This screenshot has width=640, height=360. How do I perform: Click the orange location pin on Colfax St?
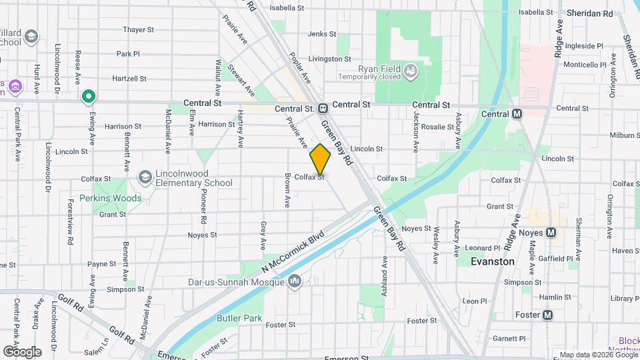click(320, 159)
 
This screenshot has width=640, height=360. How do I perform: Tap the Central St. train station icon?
click(322, 108)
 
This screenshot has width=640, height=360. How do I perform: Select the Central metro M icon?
click(516, 113)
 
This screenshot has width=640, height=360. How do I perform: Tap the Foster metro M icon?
click(548, 315)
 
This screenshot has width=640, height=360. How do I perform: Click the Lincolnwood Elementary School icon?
click(144, 177)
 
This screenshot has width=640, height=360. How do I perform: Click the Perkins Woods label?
click(111, 198)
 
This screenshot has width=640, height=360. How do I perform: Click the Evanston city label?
click(493, 261)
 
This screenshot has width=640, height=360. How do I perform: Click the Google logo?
click(22, 351)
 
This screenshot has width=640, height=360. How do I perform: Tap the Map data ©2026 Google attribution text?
click(597, 355)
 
